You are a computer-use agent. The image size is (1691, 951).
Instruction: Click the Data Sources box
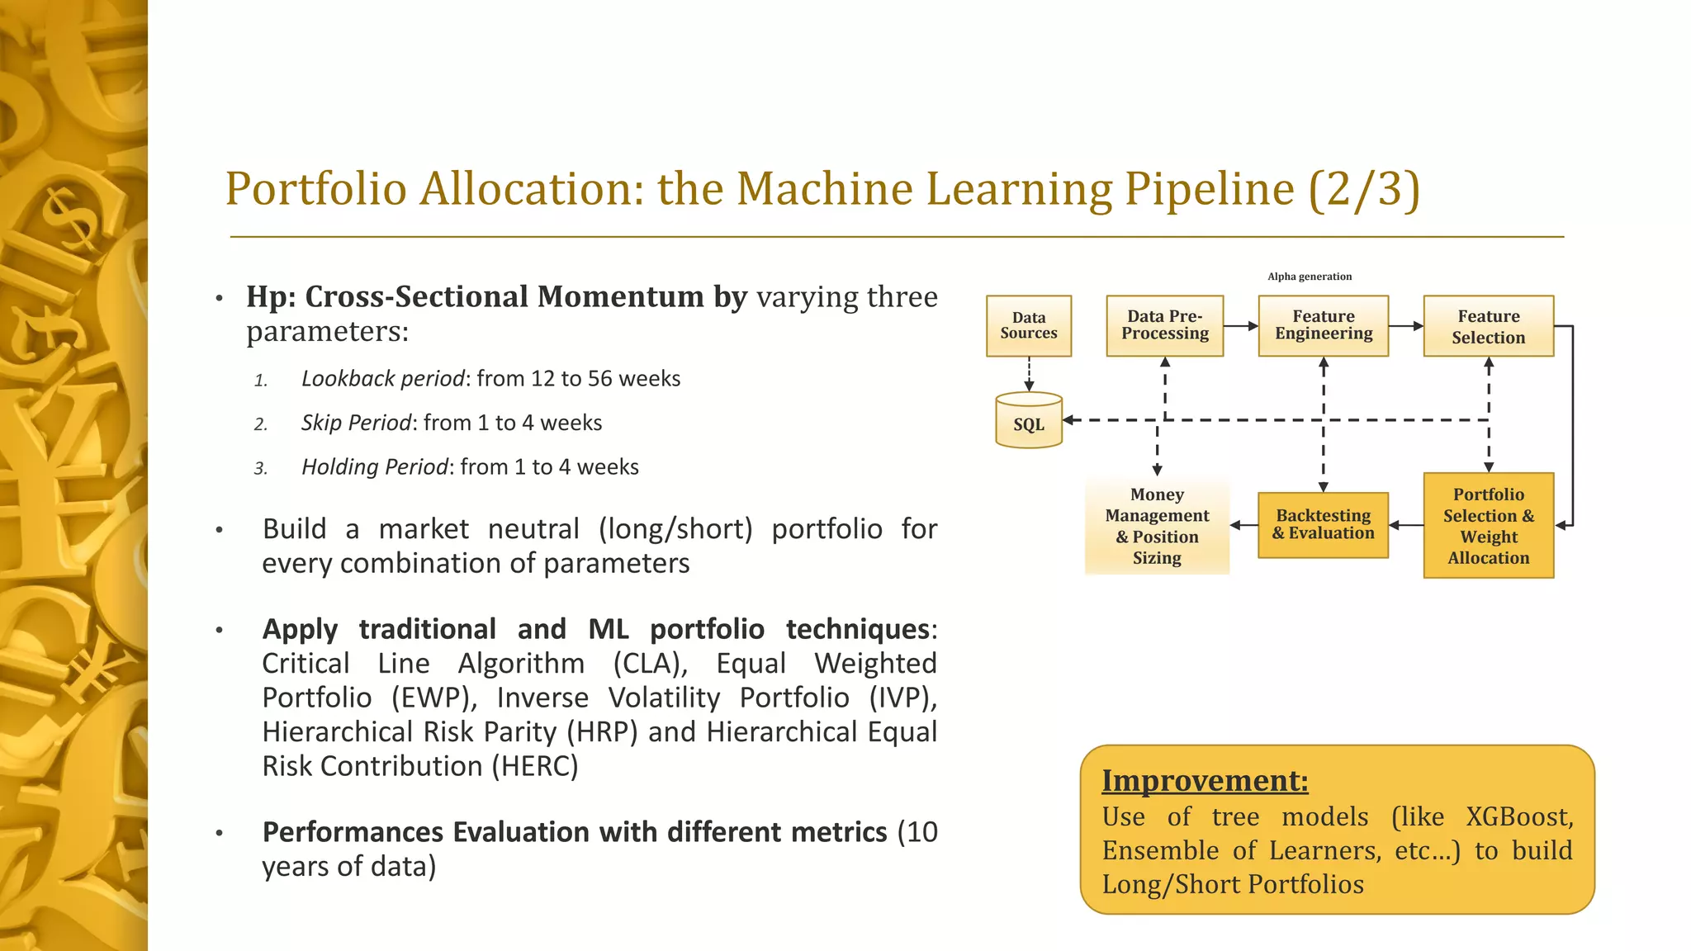coord(1028,326)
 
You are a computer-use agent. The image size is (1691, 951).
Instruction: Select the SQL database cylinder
coord(1028,421)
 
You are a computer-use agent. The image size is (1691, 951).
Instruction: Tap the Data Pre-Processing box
coord(1164,326)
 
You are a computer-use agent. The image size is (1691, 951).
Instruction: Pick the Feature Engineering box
coord(1323,326)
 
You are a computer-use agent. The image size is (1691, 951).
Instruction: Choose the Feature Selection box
coord(1488,326)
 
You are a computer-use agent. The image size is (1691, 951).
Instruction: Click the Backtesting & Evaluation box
coord(1323,525)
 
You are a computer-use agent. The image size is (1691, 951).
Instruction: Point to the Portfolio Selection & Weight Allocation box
coord(1488,525)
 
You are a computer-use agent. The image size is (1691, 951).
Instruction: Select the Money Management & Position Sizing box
coord(1156,525)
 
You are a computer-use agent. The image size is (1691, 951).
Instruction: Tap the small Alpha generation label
coord(1310,277)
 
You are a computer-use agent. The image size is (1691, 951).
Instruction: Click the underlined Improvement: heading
coord(1205,780)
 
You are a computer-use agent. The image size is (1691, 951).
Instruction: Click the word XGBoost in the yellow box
coord(1519,816)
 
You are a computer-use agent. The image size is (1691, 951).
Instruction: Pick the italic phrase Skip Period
coord(357,423)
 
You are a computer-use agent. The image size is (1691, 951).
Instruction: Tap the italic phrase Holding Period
coord(375,467)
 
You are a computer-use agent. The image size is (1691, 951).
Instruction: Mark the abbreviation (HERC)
coord(535,766)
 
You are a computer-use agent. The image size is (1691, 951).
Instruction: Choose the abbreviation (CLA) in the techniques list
coord(651,664)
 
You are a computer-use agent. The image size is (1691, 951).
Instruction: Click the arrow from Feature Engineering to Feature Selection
coord(1405,326)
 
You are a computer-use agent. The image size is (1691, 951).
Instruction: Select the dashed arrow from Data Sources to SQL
coord(1029,374)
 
